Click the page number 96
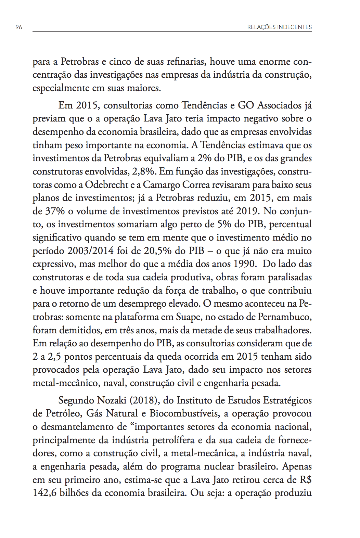point(19,27)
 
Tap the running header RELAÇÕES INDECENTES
point(279,27)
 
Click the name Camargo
point(161,185)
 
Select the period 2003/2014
point(90,251)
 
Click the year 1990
point(245,264)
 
